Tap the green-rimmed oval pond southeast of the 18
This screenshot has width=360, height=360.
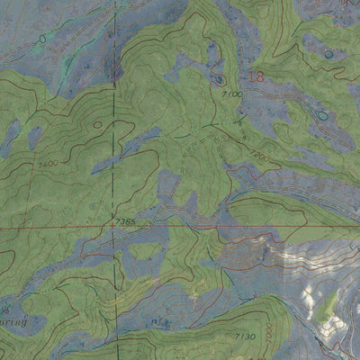(320, 113)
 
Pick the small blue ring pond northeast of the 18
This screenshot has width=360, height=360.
(327, 54)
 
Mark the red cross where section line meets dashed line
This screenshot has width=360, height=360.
(112, 229)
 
